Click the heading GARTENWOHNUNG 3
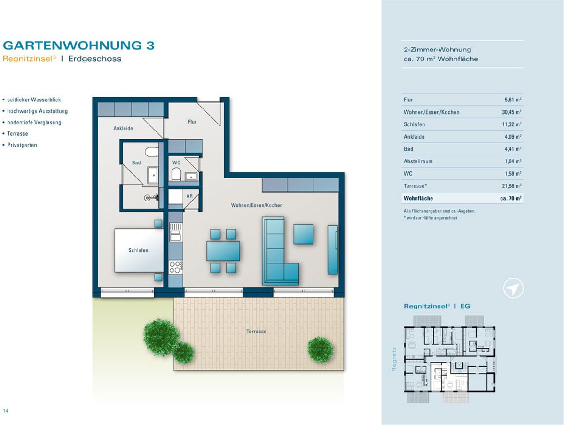click(78, 46)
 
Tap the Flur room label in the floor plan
click(192, 122)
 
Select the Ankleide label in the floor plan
click(123, 128)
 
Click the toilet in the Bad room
click(152, 152)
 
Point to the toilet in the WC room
click(176, 174)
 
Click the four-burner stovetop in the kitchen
click(176, 267)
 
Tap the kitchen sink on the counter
click(176, 232)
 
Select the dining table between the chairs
click(223, 251)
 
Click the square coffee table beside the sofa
click(304, 234)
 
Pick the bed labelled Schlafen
click(139, 250)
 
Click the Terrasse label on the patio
click(256, 332)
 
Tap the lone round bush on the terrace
click(321, 350)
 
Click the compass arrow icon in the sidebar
click(513, 288)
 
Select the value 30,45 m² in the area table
click(511, 112)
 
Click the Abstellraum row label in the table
click(418, 161)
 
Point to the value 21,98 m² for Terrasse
click(511, 186)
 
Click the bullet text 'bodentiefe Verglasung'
click(34, 123)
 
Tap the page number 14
click(5, 410)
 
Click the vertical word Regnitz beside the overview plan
click(394, 359)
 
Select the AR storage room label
click(189, 196)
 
